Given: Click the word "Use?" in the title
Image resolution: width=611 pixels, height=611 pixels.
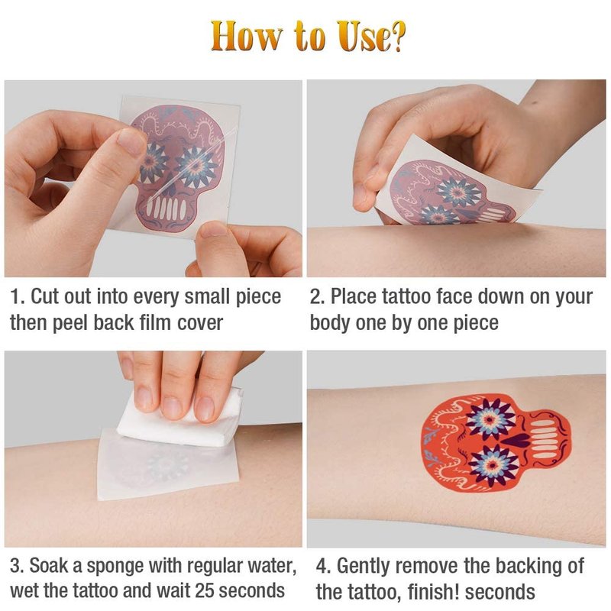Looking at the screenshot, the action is pos(371,36).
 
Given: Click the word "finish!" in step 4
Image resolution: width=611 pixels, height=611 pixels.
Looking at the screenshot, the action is pos(434,592).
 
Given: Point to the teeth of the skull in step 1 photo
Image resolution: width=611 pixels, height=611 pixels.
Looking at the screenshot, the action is pos(166,209).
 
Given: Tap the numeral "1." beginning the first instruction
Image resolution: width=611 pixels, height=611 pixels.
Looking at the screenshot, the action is pos(18,297).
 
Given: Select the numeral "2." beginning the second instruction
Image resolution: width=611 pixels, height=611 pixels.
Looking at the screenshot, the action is pos(318,297).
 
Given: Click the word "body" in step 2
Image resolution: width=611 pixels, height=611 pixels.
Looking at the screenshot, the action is pos(330,323).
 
